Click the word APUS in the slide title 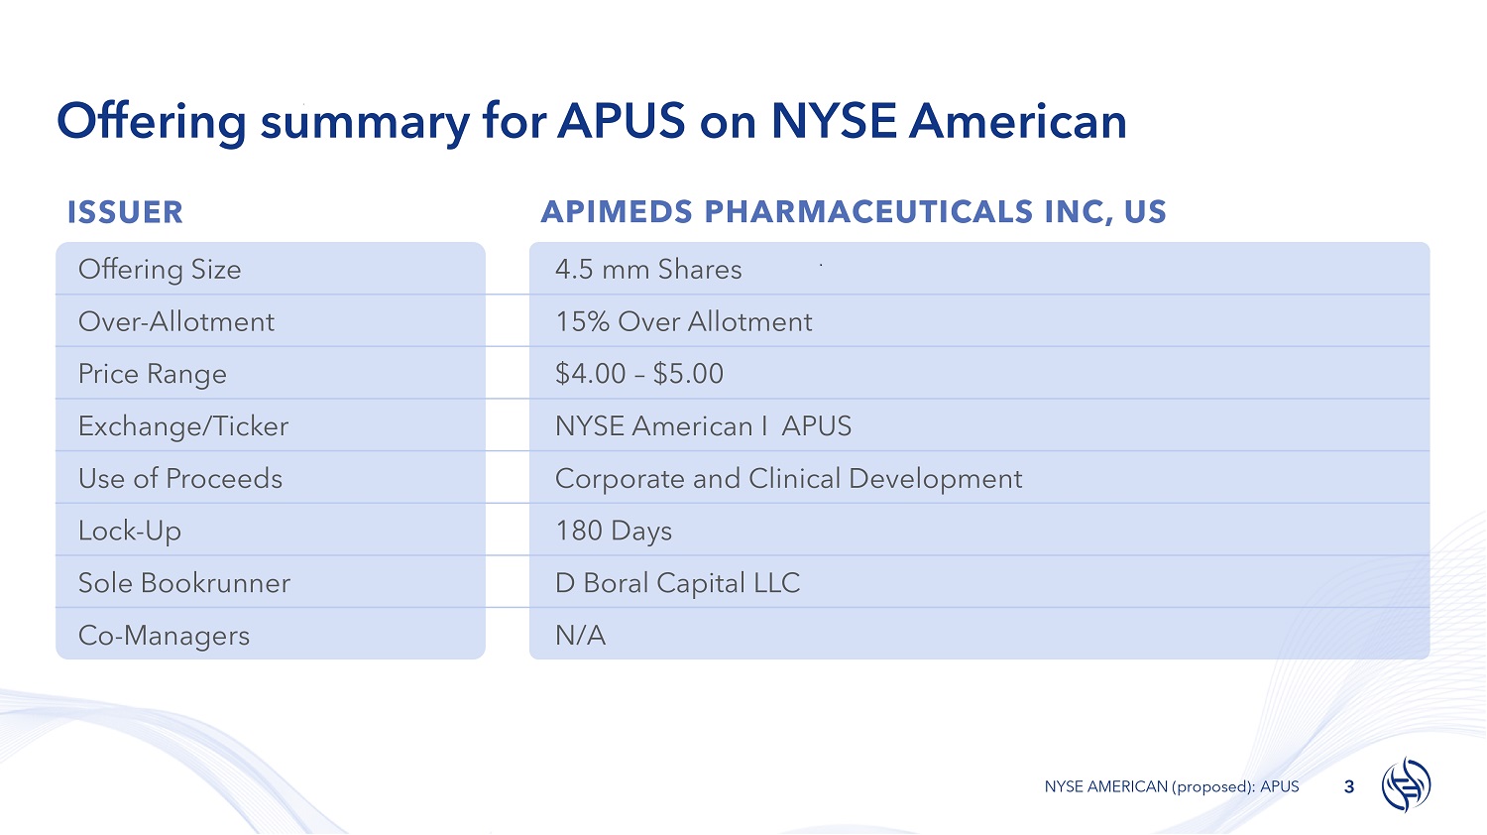[x=621, y=121]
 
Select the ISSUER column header [x=125, y=212]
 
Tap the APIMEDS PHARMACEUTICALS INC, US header [x=854, y=212]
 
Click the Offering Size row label [x=160, y=270]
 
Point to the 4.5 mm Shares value [x=648, y=269]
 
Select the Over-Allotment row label [x=175, y=321]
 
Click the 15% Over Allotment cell [x=684, y=321]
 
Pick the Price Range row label [x=152, y=374]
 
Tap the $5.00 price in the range [x=688, y=373]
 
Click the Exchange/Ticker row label [x=183, y=426]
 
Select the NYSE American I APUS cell [x=703, y=426]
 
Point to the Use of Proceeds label [x=179, y=478]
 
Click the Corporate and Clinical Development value [x=789, y=479]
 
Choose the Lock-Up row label [x=130, y=531]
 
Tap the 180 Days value [x=614, y=532]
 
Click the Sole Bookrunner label [x=183, y=583]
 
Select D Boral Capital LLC [x=677, y=583]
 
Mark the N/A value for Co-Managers [x=580, y=636]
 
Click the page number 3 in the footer [x=1349, y=787]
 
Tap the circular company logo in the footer [x=1406, y=784]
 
